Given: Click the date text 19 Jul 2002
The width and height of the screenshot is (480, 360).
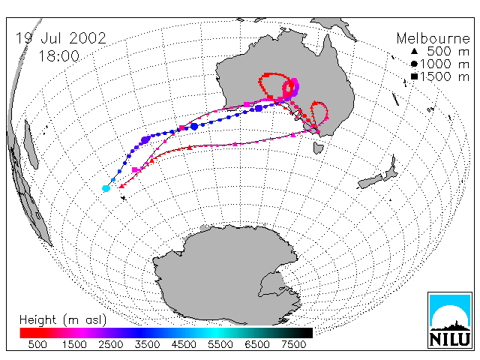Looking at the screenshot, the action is (61, 38).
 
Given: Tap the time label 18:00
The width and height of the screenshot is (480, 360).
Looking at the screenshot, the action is (58, 56).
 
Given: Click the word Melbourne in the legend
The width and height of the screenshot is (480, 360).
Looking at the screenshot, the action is (433, 38).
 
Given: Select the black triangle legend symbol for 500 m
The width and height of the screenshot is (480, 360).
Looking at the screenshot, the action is (414, 51).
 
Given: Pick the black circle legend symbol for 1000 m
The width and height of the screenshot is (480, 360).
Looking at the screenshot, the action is (414, 64).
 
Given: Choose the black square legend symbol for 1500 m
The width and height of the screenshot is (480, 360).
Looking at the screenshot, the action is (414, 76).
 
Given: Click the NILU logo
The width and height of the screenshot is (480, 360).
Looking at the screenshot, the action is (449, 320).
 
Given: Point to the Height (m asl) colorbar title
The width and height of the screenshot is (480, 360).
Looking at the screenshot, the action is (63, 320).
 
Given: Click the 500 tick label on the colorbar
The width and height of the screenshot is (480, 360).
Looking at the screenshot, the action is (37, 345).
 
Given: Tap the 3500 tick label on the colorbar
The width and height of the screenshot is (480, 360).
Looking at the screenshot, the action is (147, 345).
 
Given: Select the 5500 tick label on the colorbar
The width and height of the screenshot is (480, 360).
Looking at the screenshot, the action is (220, 345).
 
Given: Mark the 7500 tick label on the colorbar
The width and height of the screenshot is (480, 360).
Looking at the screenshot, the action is (293, 345).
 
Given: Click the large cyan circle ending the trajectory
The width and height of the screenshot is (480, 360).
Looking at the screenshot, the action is (106, 188).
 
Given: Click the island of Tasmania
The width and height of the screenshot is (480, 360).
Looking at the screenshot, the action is (318, 148).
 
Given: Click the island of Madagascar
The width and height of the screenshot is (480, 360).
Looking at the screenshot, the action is (31, 145).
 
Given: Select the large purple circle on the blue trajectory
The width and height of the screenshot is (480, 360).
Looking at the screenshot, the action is (145, 140).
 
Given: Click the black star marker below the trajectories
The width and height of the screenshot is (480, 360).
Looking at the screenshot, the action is (123, 198).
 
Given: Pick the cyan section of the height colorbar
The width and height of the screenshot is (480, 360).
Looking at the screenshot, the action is (214, 333).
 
